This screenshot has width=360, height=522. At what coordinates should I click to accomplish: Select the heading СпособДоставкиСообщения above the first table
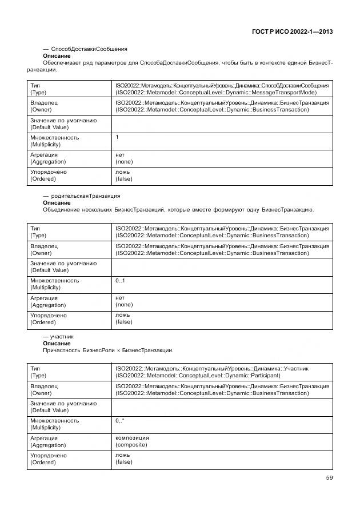tap(89, 49)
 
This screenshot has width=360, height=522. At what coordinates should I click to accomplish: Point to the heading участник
tap(62, 337)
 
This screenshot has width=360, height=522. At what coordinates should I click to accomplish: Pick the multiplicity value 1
tap(117, 137)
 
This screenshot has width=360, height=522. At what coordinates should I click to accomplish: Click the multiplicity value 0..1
tap(120, 280)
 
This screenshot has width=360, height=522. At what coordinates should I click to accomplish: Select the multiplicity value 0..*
tap(120, 420)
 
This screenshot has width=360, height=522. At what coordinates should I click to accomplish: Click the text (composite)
tap(131, 444)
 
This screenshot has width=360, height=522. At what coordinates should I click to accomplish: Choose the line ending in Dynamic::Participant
tap(198, 376)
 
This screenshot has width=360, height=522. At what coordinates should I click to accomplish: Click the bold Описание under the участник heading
tap(57, 343)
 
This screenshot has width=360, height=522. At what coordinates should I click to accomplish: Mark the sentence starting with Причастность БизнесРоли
tap(108, 350)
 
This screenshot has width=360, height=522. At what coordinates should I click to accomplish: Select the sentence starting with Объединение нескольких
tap(178, 209)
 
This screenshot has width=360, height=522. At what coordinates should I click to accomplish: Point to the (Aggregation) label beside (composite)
tap(48, 445)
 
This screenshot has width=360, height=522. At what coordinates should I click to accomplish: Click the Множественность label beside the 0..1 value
tap(54, 281)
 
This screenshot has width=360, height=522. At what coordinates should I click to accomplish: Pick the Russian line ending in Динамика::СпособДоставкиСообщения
tap(222, 85)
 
